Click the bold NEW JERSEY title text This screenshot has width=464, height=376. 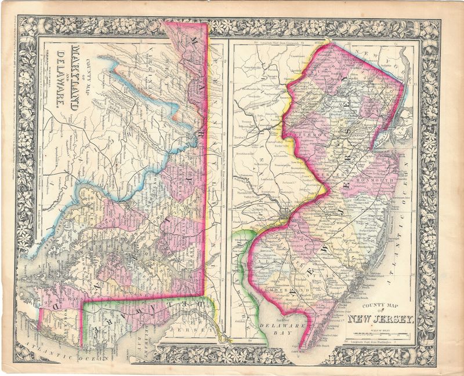tap(380, 317)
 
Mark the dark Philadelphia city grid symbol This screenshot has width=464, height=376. tap(282, 217)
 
